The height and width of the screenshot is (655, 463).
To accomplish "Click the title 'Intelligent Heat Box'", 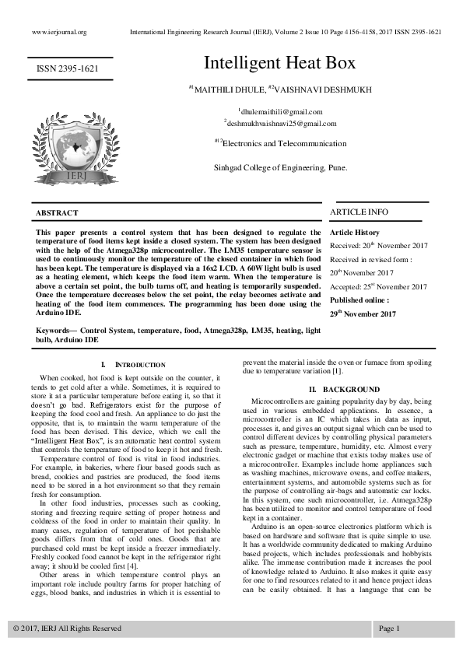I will pyautogui.click(x=279, y=63).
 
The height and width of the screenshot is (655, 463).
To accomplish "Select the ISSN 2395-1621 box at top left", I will pyautogui.click(x=68, y=70).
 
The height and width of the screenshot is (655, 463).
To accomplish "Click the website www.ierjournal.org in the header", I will pyautogui.click(x=59, y=33).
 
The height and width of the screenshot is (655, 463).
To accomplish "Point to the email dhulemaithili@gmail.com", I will pyautogui.click(x=280, y=112).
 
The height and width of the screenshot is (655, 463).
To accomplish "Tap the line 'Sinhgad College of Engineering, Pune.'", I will pyautogui.click(x=280, y=167).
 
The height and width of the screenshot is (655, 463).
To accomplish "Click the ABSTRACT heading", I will pyautogui.click(x=58, y=213).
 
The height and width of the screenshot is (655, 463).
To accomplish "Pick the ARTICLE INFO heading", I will pyautogui.click(x=359, y=212).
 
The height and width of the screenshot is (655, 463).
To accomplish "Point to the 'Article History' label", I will pyautogui.click(x=355, y=233).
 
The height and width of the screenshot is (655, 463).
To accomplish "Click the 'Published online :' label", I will pyautogui.click(x=360, y=299).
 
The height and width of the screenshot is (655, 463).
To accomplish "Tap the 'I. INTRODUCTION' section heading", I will pyautogui.click(x=134, y=365).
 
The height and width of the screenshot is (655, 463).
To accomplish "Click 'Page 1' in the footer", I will pyautogui.click(x=389, y=628).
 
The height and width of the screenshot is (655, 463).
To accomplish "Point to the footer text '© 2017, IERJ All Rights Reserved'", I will pyautogui.click(x=67, y=628).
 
